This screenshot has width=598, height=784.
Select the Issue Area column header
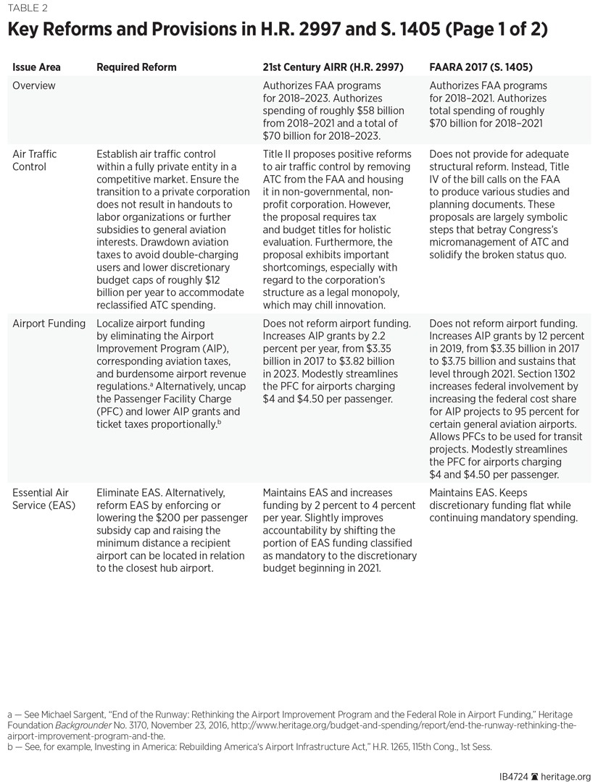(36, 67)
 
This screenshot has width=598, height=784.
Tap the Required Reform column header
(136, 67)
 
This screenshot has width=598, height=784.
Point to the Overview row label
(33, 85)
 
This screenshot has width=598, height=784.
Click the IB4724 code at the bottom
(512, 775)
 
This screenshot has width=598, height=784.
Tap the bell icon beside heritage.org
(535, 775)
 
